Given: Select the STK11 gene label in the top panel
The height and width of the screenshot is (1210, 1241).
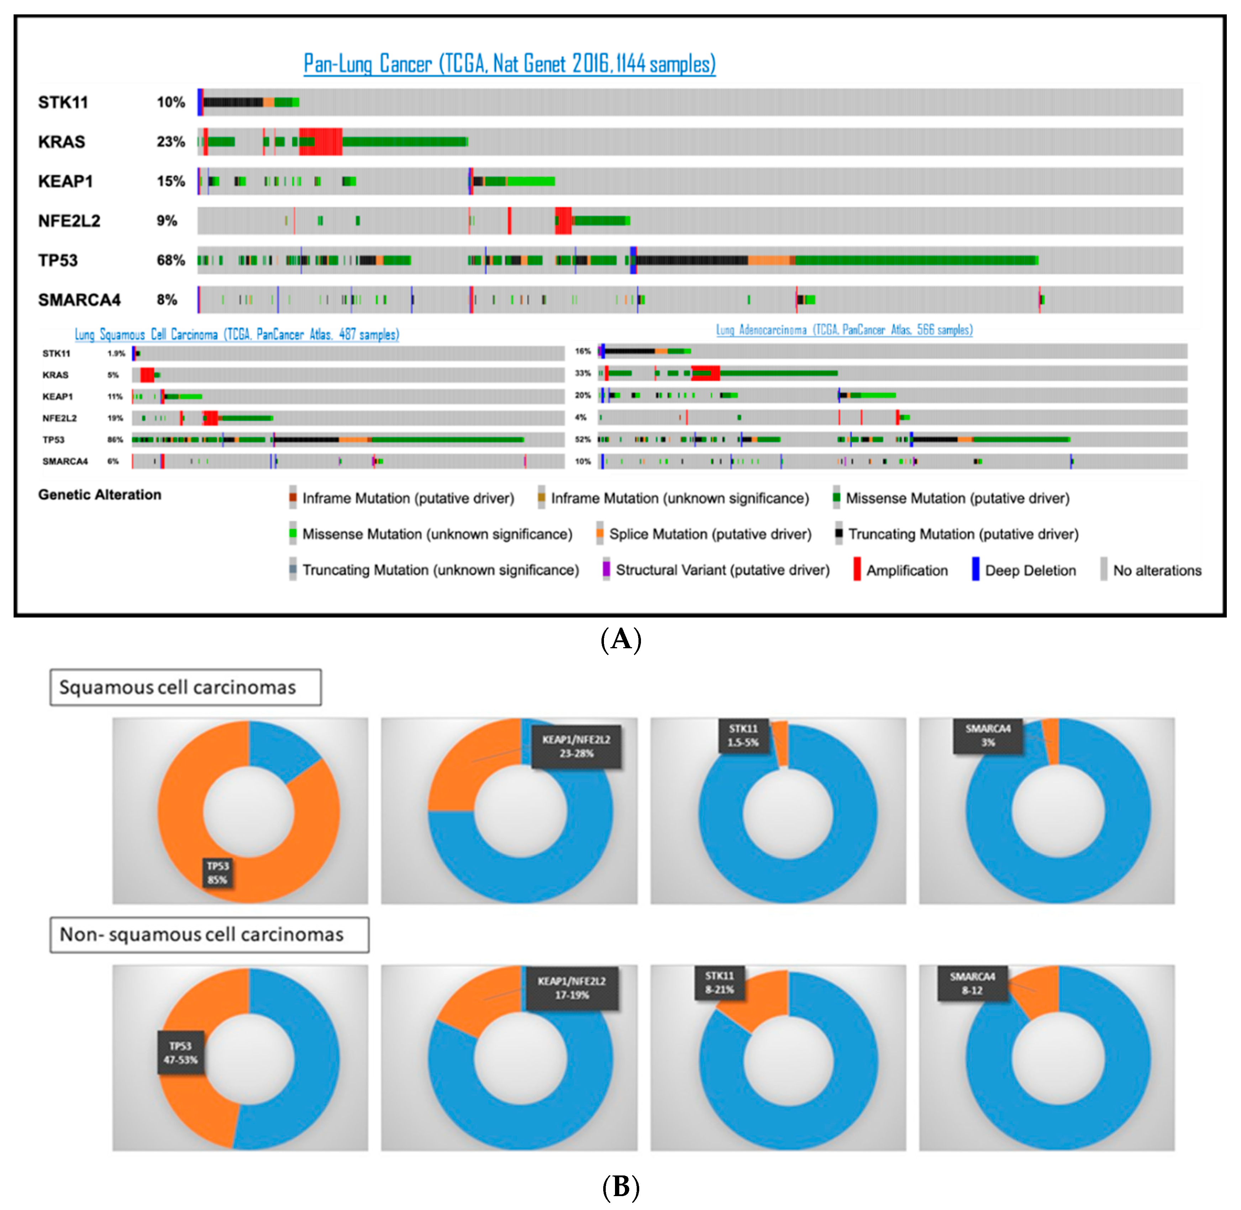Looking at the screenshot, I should tap(63, 102).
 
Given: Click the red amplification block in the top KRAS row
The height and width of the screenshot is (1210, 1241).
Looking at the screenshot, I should tap(321, 142).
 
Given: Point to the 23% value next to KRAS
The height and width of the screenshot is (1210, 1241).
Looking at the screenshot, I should tap(171, 142).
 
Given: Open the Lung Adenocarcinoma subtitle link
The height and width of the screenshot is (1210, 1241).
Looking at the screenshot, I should tap(844, 330).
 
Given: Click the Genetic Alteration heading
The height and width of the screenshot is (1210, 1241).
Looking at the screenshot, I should tap(100, 494).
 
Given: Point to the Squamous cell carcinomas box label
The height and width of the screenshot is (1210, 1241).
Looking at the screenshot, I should tap(185, 687).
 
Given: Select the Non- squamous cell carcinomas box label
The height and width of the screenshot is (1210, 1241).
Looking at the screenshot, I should tap(209, 934).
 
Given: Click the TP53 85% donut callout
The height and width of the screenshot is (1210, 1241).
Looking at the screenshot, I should tap(217, 873).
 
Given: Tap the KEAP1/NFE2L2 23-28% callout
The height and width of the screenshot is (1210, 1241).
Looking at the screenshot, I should tap(576, 746).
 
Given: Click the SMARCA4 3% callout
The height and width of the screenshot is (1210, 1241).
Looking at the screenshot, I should tap(988, 735).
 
